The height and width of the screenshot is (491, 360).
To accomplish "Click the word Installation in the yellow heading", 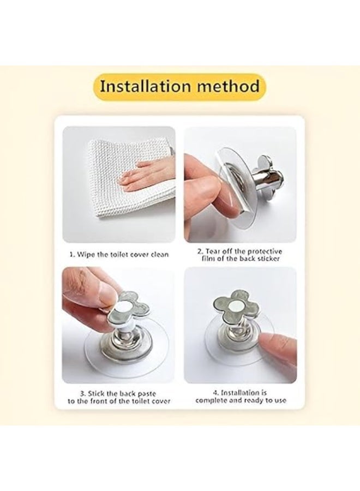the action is click(145, 86).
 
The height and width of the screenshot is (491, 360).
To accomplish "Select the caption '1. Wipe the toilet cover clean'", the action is click(119, 254).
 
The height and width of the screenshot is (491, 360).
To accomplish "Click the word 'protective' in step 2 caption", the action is click(265, 251).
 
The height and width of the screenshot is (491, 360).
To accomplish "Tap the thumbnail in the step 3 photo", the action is click(106, 294).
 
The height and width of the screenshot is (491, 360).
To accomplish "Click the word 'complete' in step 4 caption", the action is click(211, 400).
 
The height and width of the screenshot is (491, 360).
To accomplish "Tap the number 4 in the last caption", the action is click(214, 393).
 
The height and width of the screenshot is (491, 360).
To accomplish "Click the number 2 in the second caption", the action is click(200, 251).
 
